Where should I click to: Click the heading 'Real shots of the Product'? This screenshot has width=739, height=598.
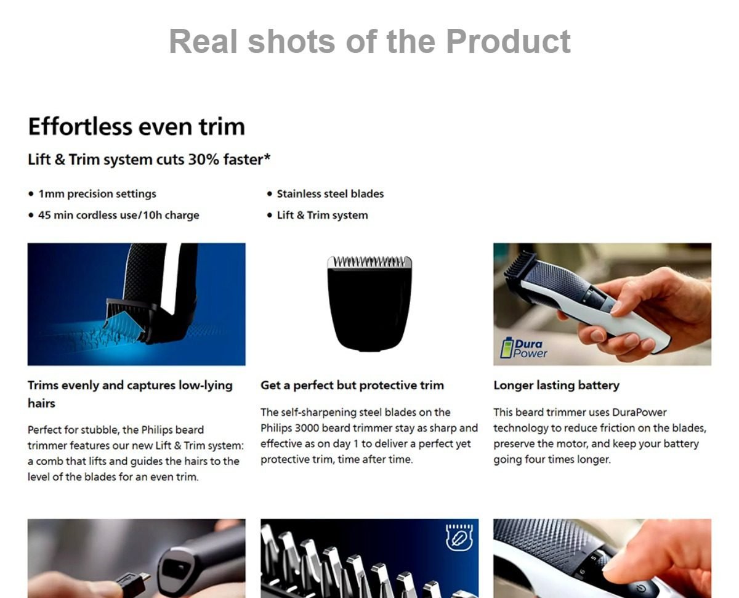pyautogui.click(x=369, y=41)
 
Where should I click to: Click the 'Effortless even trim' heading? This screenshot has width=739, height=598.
pyautogui.click(x=136, y=126)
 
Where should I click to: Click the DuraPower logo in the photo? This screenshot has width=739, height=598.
pyautogui.click(x=523, y=348)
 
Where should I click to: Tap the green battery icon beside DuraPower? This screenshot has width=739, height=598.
pyautogui.click(x=507, y=347)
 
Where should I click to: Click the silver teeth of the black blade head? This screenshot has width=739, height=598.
pyautogui.click(x=369, y=262)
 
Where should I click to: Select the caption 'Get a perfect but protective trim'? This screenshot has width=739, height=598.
pyautogui.click(x=352, y=386)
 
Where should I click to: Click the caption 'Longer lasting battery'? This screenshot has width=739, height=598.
pyautogui.click(x=557, y=386)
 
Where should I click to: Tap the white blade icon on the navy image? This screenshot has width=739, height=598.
pyautogui.click(x=459, y=538)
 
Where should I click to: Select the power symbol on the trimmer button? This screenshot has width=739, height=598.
pyautogui.click(x=641, y=588)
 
